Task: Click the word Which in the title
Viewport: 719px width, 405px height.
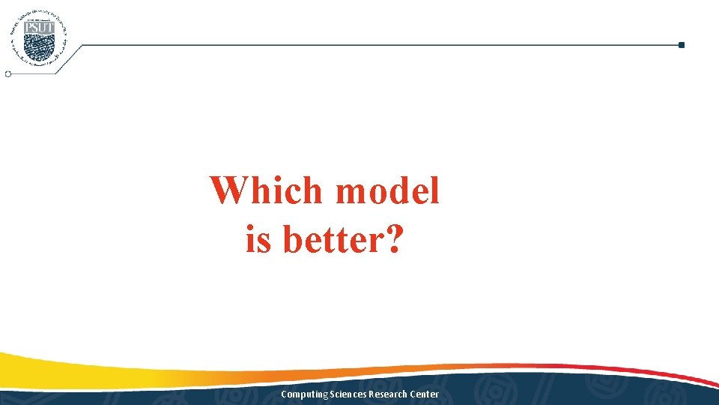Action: [267, 191]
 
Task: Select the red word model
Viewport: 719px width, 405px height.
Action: [387, 191]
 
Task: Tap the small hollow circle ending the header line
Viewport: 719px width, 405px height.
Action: [8, 74]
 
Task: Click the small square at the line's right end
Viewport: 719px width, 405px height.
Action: [681, 45]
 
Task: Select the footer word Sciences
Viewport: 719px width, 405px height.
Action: [342, 394]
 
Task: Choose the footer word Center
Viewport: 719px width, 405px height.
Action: [425, 394]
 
